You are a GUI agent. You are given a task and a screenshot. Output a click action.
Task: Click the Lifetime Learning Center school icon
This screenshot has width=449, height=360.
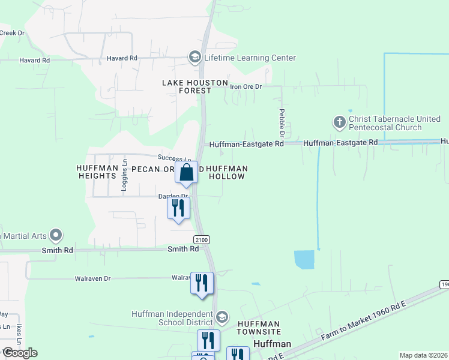(194, 58)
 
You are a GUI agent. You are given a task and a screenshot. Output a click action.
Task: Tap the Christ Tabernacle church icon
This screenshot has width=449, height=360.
(339, 123)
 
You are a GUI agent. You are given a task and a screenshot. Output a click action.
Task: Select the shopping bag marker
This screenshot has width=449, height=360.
(187, 172)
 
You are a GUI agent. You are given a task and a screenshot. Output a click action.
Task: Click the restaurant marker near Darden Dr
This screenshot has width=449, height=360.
(178, 208)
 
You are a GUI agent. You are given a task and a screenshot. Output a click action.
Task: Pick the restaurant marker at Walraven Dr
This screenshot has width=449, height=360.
(202, 283)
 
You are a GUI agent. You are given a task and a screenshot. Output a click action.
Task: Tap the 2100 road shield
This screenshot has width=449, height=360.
(202, 239)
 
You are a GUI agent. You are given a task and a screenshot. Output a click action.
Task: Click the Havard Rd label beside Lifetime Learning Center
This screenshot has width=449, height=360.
(122, 58)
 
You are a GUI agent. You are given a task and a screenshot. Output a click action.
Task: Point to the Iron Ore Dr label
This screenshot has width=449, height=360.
(246, 86)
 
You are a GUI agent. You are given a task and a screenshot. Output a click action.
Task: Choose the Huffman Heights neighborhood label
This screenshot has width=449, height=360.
(96, 172)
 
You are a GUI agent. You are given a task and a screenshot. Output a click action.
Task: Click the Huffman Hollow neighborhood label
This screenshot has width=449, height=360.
(226, 173)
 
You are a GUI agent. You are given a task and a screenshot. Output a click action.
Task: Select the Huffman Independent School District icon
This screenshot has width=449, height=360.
(222, 317)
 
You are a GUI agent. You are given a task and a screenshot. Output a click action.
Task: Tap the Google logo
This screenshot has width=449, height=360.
(20, 353)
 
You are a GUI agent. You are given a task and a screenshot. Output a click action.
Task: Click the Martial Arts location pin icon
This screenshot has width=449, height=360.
(56, 234)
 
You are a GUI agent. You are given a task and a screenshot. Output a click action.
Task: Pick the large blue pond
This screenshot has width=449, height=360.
(304, 260)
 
